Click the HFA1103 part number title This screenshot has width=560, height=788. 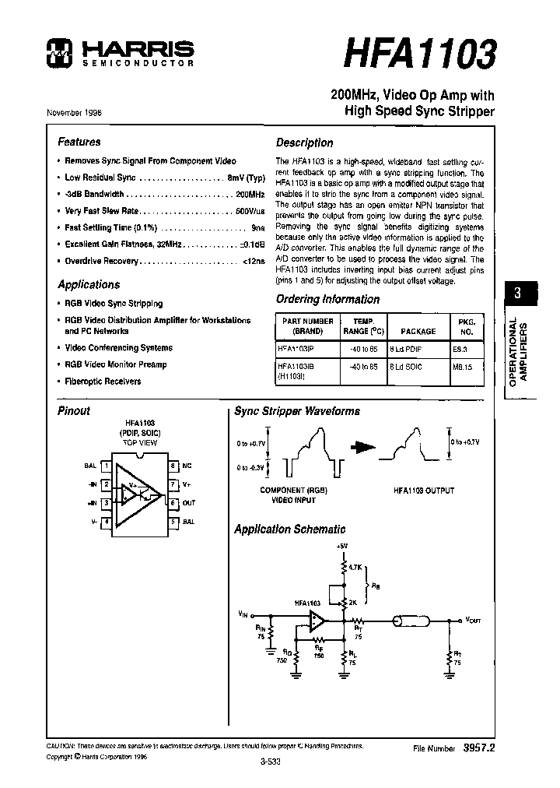point(418,56)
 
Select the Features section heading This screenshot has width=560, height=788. point(79,142)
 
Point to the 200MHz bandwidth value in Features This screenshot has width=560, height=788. point(250,194)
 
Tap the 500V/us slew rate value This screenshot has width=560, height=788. point(249,211)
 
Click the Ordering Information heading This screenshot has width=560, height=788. point(327,300)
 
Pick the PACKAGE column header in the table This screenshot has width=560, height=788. point(418,331)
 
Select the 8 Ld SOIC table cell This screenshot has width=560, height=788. point(405,367)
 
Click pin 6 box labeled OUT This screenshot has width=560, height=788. point(173,503)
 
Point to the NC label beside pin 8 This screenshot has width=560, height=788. point(187,466)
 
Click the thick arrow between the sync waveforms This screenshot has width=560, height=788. point(363,447)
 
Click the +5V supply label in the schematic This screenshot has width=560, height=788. point(343,546)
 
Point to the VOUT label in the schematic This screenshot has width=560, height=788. point(474,620)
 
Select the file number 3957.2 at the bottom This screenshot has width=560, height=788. point(479,747)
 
